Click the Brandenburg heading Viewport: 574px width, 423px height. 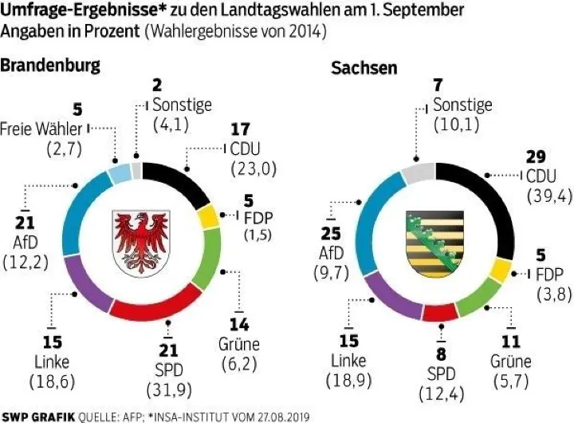coord(51,65)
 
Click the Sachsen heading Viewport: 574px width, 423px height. coord(364,68)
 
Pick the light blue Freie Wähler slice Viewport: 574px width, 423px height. coord(119,173)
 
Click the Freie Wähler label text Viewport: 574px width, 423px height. coord(41,128)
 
